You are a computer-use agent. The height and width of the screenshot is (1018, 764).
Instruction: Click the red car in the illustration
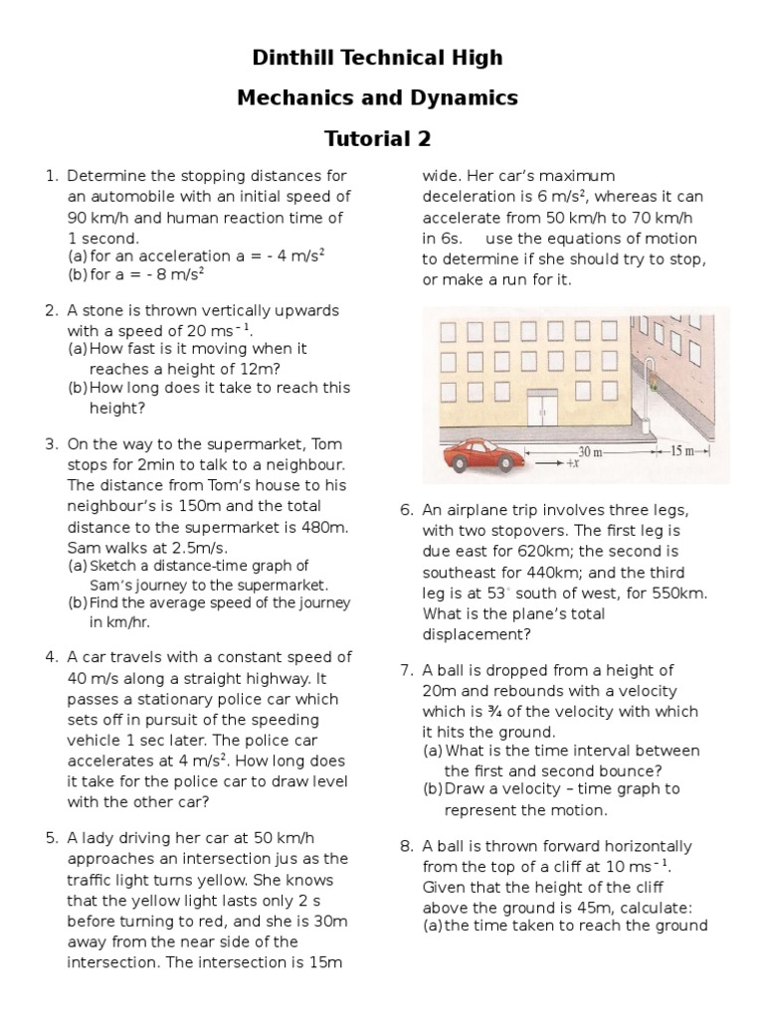[x=481, y=458]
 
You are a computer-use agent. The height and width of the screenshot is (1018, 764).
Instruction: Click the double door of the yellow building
[x=544, y=409]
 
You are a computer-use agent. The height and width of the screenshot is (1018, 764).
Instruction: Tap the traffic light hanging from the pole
[x=653, y=378]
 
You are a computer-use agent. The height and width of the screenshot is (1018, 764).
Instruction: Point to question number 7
[x=406, y=670]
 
